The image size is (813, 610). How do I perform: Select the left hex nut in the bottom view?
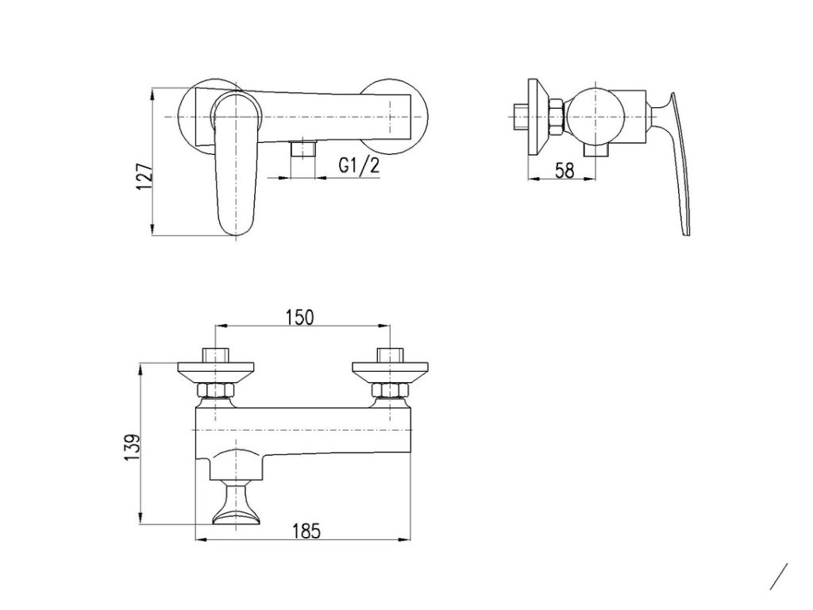215,389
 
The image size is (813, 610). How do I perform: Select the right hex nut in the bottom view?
390,389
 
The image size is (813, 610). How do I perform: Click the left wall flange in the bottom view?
216,370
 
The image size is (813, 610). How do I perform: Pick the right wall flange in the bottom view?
390,370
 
